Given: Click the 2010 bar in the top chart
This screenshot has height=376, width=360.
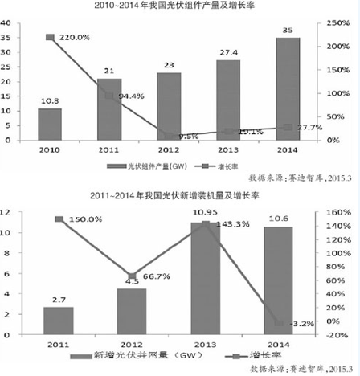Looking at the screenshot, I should (x=49, y=124).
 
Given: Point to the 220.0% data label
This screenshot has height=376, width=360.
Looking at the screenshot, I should (x=74, y=37).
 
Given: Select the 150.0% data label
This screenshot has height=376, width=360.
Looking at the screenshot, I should (x=84, y=219).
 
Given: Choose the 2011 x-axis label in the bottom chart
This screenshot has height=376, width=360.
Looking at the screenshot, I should (x=59, y=343).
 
